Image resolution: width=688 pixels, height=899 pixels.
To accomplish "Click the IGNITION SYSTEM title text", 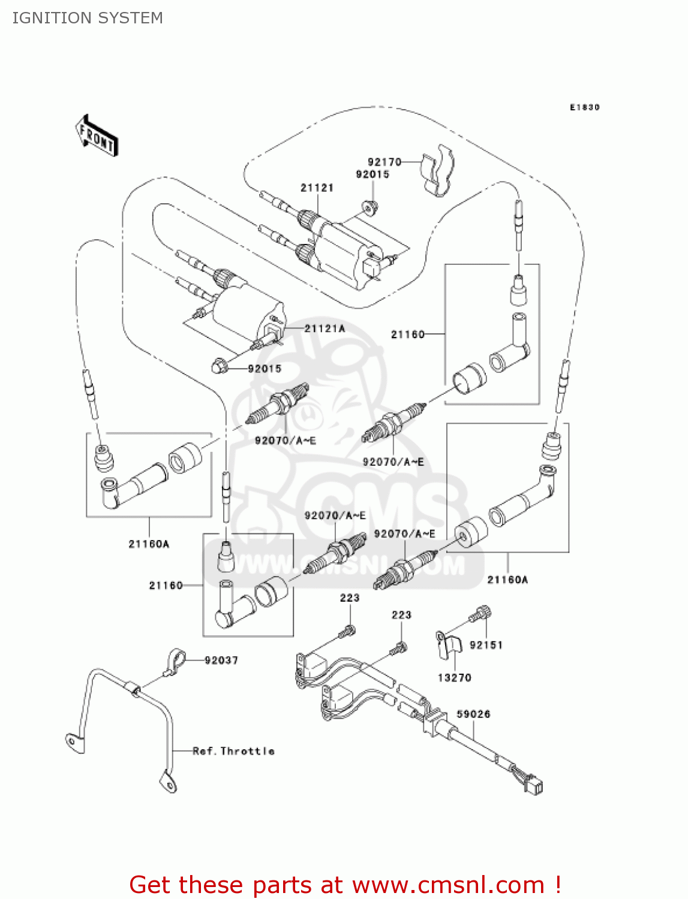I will coord(88,18).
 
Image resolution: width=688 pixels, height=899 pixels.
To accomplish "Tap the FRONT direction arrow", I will coord(96,136).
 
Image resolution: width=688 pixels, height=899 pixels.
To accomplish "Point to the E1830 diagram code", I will coord(584,107).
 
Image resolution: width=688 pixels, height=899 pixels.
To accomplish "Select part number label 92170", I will coord(384,162).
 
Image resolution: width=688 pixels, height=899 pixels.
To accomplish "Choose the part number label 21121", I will coord(317,188).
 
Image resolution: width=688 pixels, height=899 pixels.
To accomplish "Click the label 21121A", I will coord(325,328).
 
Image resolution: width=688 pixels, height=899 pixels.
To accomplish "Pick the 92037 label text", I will coord(221,660).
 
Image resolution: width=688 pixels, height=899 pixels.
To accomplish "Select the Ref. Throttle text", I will coord(233,751).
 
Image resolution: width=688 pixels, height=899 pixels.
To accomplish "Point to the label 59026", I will coord(473,714).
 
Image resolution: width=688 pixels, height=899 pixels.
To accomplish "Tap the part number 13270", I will coord(454,678).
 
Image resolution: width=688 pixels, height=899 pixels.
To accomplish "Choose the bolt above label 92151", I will coord(481,615).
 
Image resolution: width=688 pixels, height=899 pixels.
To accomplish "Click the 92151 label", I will coord(486,645).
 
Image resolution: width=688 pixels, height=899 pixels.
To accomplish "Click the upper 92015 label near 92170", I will coord(372,174).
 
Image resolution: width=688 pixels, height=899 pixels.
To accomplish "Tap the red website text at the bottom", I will coord(345,885).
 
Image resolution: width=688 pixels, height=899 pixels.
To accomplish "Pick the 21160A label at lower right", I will coord(507,580).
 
